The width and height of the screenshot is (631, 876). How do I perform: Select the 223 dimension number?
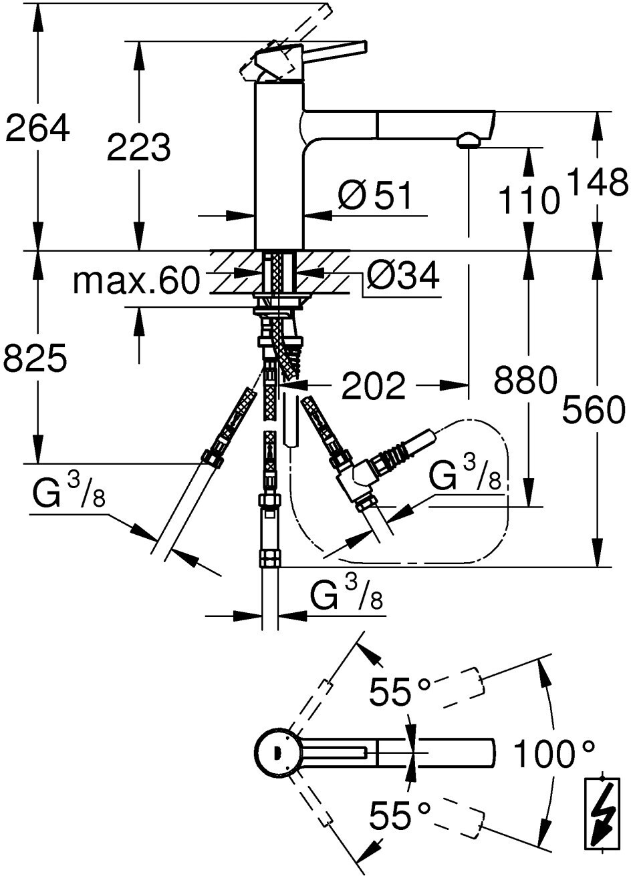[139, 147]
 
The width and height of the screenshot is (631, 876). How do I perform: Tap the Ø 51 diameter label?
[374, 196]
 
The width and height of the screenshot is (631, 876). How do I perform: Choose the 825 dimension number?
[35, 359]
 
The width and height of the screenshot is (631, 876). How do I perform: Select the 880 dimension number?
[525, 379]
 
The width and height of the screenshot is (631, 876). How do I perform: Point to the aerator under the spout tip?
[468, 140]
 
